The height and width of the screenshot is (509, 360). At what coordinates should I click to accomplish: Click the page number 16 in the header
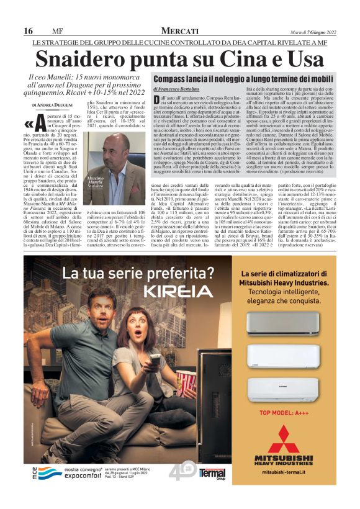point(29,31)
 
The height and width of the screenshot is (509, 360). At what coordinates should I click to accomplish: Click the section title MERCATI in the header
point(179,31)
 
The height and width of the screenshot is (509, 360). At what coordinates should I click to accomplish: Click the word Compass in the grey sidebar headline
point(172,79)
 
